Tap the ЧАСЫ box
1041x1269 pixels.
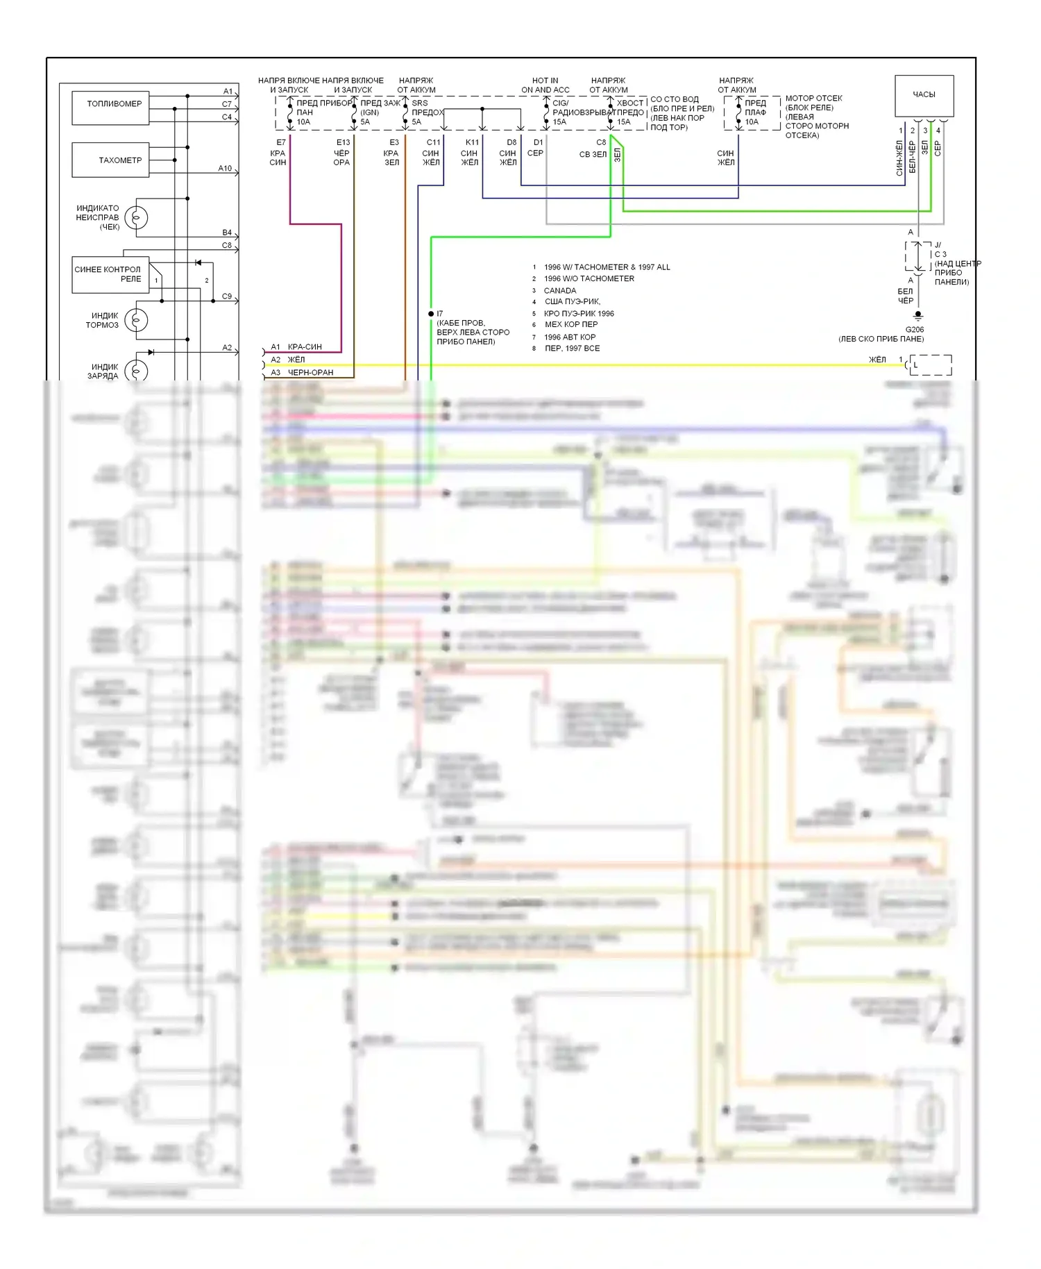point(924,95)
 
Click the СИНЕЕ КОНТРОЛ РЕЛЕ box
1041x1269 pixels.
point(108,274)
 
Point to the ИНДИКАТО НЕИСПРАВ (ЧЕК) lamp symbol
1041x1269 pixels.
point(136,218)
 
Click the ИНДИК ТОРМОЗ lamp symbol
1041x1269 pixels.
point(136,320)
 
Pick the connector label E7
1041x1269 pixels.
point(281,142)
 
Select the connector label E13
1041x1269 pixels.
point(344,142)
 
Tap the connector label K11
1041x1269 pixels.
point(472,142)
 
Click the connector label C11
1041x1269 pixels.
point(433,142)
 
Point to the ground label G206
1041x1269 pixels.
point(915,330)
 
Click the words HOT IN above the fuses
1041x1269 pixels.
point(545,81)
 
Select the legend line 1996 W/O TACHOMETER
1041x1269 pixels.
point(589,279)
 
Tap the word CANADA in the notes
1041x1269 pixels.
point(560,291)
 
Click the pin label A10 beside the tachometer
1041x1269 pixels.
point(225,169)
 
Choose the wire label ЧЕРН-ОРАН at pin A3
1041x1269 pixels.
point(310,373)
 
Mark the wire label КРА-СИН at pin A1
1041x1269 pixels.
point(305,347)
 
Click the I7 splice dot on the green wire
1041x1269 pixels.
point(431,314)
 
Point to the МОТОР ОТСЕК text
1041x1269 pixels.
point(813,99)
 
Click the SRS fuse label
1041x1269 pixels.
point(420,103)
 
